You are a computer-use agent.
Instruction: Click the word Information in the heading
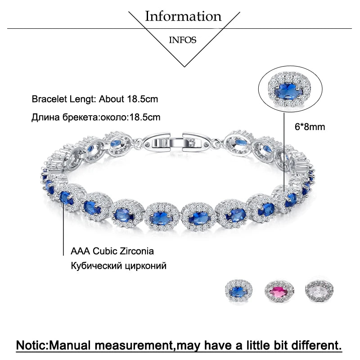[183, 17]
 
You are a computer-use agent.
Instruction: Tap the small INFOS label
[183, 40]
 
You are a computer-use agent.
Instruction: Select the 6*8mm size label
[310, 127]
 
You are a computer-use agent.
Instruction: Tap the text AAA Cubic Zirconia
[112, 251]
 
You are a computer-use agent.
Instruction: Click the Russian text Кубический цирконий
[118, 265]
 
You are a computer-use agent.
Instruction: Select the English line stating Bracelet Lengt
[95, 99]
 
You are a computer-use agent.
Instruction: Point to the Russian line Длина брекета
[96, 117]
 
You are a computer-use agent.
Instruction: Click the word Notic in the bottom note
[32, 345]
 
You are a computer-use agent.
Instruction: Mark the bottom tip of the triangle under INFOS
[184, 67]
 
